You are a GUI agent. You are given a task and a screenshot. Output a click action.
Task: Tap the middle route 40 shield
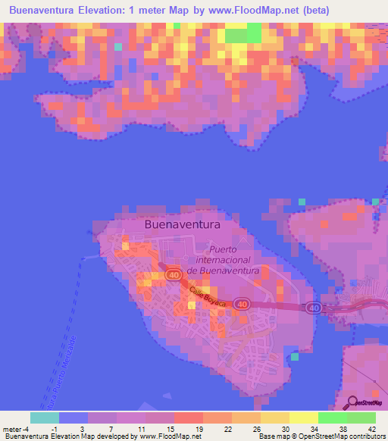pyautogui.click(x=242, y=303)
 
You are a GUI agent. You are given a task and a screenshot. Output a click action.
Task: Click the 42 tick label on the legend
pyautogui.click(x=371, y=428)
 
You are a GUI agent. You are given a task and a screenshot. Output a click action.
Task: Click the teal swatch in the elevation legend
pyautogui.click(x=44, y=417)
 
